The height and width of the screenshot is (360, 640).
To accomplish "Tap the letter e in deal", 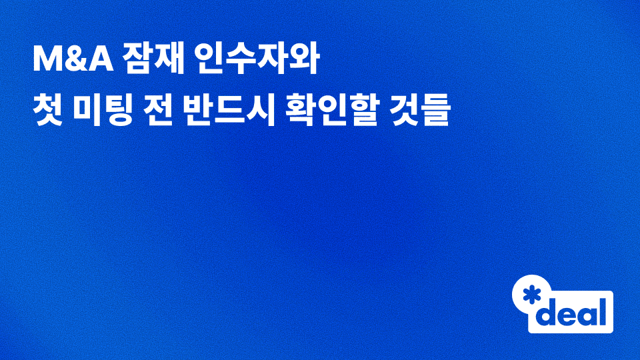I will pyautogui.click(x=567, y=315).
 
